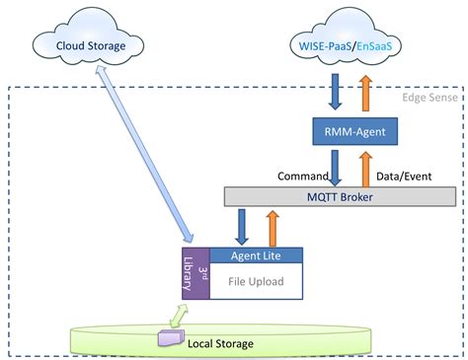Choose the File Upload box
pyautogui.click(x=256, y=281)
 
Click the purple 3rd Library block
pyautogui.click(x=196, y=273)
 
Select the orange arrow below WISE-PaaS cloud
pyautogui.click(x=367, y=90)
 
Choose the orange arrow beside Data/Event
pyautogui.click(x=367, y=168)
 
